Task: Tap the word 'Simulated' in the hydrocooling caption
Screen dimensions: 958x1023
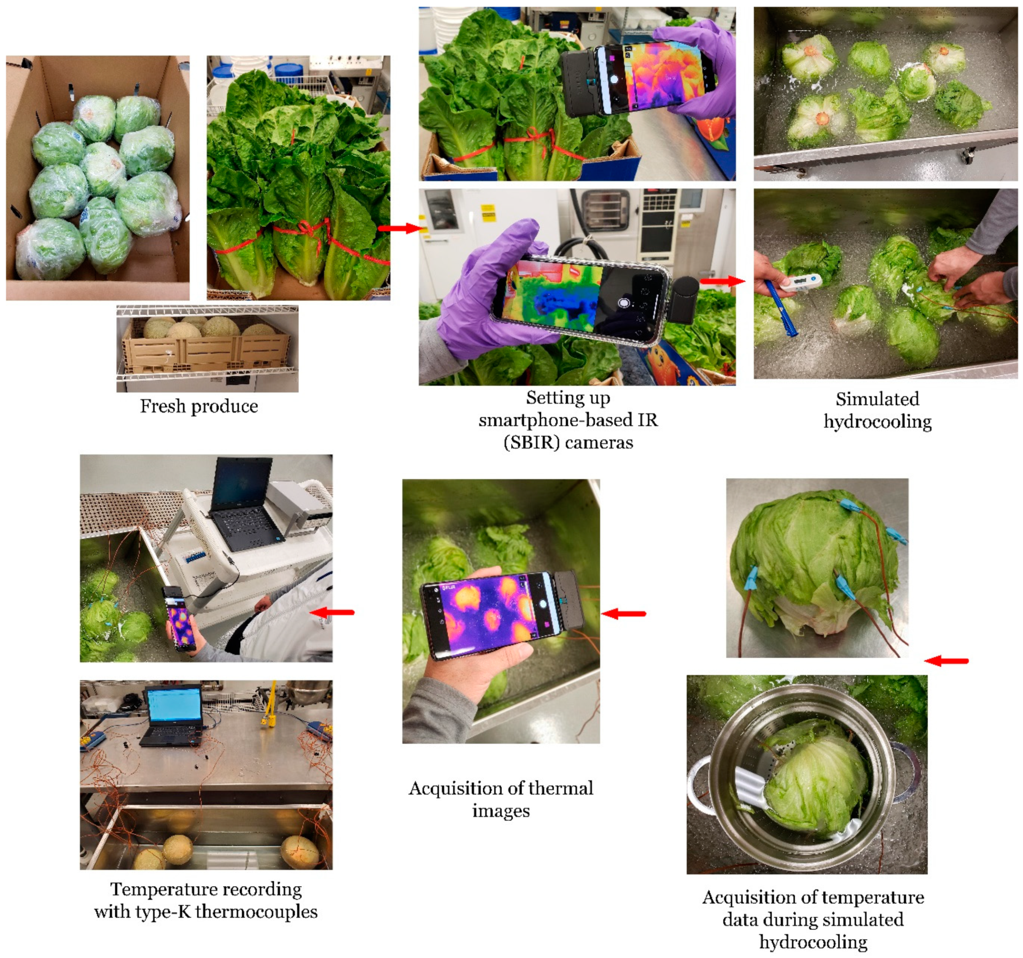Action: click(x=877, y=399)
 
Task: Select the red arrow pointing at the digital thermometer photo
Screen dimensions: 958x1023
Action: click(x=722, y=281)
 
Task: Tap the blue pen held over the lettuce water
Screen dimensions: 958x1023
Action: click(x=780, y=308)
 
